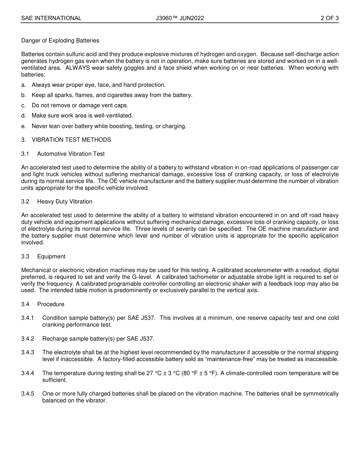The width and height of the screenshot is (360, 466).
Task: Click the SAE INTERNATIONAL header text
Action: [51, 18]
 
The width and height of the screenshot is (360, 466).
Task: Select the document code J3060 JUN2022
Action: [180, 18]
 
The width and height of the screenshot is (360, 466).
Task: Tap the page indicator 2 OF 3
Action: [329, 18]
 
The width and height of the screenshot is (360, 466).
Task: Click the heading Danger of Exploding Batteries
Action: [60, 41]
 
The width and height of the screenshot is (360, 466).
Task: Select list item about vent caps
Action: [80, 105]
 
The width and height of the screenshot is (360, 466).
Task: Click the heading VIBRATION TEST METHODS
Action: [71, 140]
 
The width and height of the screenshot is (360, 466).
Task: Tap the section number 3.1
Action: [25, 154]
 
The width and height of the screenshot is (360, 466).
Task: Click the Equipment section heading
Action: [51, 256]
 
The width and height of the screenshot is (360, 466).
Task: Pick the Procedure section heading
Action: [50, 304]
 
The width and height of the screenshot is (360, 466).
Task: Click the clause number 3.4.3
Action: [28, 352]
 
